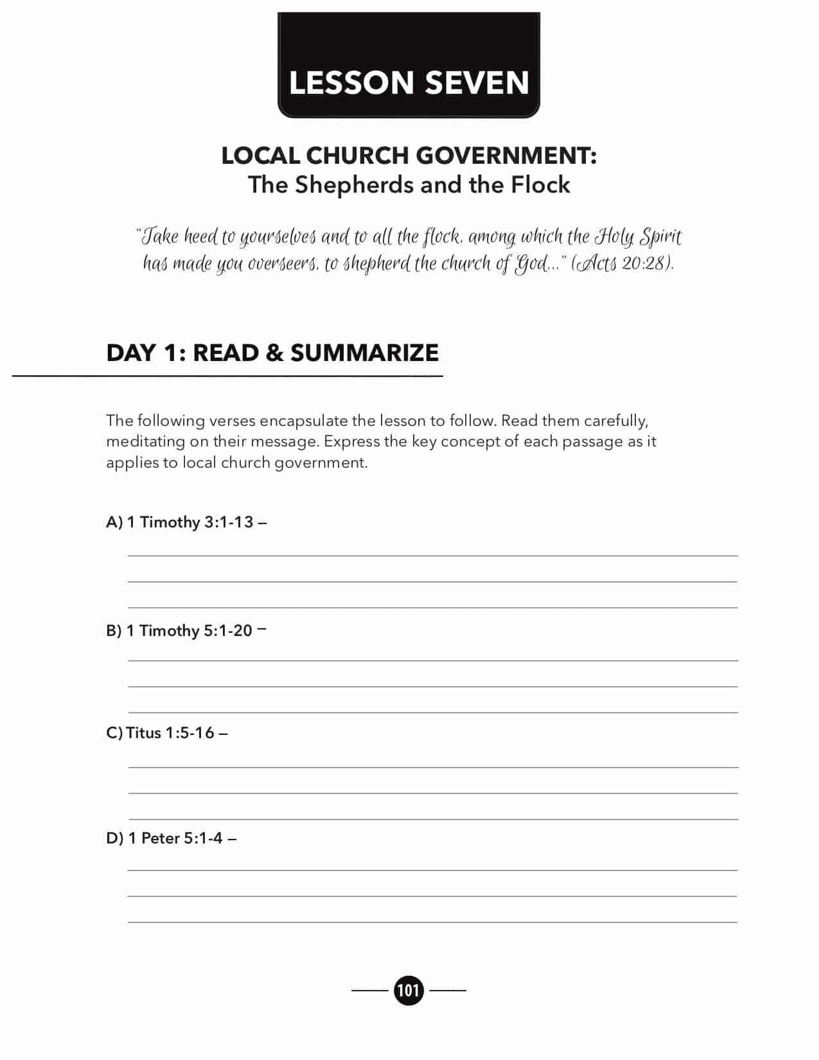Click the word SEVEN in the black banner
pyautogui.click(x=477, y=83)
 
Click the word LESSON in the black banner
pyautogui.click(x=351, y=83)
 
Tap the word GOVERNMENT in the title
pyautogui.click(x=506, y=155)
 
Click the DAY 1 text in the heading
pyautogui.click(x=142, y=353)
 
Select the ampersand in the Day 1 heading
pyautogui.click(x=274, y=353)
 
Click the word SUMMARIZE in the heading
pyautogui.click(x=364, y=353)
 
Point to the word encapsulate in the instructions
pyautogui.click(x=304, y=421)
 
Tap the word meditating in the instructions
pyautogui.click(x=145, y=441)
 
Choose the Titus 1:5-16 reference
pyautogui.click(x=170, y=733)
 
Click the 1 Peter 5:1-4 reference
pyautogui.click(x=175, y=838)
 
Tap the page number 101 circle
pyautogui.click(x=409, y=990)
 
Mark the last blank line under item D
pyautogui.click(x=432, y=921)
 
